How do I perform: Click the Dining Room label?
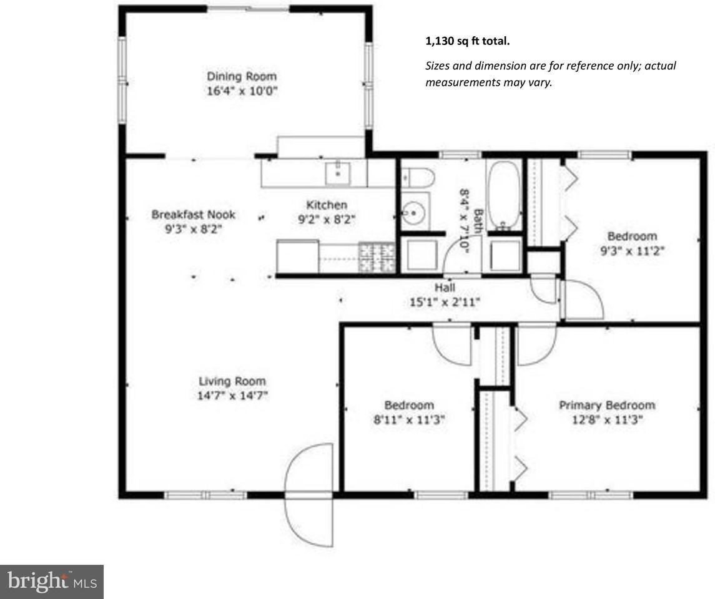(242, 76)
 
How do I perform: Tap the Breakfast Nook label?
(194, 215)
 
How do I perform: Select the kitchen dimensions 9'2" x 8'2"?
(327, 219)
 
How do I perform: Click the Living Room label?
(232, 381)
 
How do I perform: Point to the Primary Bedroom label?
(606, 405)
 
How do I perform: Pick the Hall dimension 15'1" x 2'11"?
(445, 301)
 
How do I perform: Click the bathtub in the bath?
(503, 195)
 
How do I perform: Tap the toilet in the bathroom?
(417, 178)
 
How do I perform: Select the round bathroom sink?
(413, 213)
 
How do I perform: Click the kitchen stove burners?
(377, 256)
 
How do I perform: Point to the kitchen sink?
(338, 172)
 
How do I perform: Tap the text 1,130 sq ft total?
(467, 42)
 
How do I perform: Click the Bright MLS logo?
(52, 582)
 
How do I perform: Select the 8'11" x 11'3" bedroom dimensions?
(408, 420)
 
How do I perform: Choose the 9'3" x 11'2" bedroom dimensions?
(632, 251)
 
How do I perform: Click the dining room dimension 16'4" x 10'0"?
(242, 91)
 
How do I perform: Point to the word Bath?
(478, 221)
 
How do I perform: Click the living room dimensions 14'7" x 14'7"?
(232, 395)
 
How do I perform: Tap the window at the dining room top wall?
(248, 8)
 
